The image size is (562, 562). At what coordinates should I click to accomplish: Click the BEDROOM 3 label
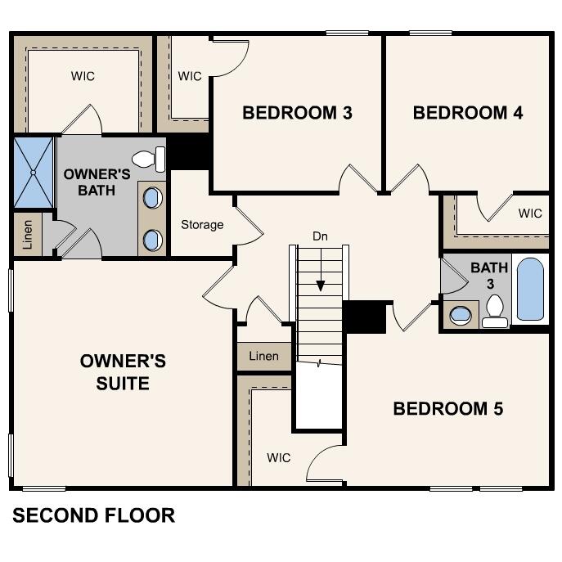pos(297,113)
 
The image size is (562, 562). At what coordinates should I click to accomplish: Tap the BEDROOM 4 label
pos(468,113)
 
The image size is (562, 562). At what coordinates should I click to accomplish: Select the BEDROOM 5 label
pos(447,408)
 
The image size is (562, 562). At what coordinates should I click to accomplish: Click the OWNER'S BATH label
pos(97,182)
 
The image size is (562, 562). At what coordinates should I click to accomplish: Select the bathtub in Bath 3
pos(530,290)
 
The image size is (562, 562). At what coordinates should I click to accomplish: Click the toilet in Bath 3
pos(494,310)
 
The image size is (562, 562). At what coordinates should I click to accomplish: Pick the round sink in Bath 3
pos(461,314)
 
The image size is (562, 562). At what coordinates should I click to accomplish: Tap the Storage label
pos(202,225)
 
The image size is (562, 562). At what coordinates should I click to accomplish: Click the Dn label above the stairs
pos(321,236)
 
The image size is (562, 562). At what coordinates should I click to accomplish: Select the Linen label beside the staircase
pos(263,356)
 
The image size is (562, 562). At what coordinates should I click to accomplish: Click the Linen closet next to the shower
pos(29,234)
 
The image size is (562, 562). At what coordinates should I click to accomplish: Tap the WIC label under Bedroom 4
pos(530,214)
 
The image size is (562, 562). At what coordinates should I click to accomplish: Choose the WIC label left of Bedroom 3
pos(190,76)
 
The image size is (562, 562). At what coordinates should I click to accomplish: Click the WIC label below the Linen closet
pos(278,458)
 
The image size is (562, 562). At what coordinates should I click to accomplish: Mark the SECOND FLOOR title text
pos(94,515)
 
